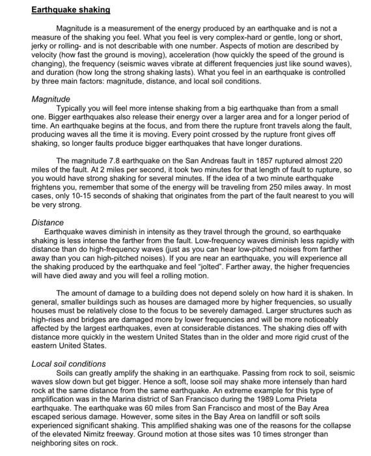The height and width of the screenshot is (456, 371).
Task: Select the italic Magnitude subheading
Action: point(51,98)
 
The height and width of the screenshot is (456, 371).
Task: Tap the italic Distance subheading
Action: point(48,222)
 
